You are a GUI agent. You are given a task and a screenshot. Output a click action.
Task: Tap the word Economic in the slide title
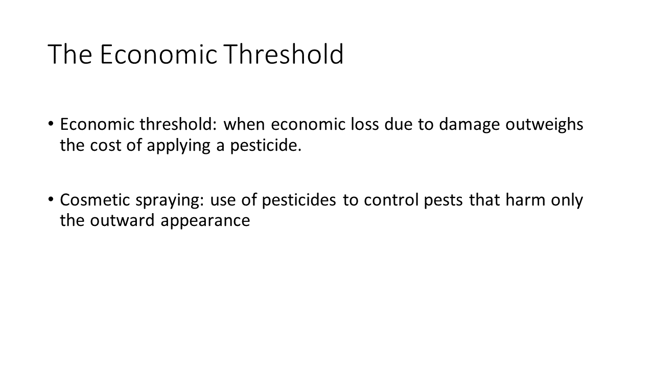click(x=159, y=54)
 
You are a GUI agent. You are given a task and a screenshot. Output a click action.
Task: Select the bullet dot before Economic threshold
click(x=51, y=124)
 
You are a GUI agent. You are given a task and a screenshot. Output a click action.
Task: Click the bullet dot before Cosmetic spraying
click(x=51, y=199)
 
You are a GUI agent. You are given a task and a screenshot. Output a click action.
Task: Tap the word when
click(x=244, y=124)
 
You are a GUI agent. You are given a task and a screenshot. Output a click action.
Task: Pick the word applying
click(x=178, y=146)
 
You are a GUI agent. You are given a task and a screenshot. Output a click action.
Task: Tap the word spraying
click(x=169, y=201)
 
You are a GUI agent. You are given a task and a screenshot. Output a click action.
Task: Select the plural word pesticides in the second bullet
click(x=299, y=201)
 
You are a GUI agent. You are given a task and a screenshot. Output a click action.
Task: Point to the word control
click(x=391, y=200)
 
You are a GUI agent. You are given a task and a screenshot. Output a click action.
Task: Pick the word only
click(x=567, y=201)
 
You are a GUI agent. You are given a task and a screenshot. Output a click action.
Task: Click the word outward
click(x=122, y=220)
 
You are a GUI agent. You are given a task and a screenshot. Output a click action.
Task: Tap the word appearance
click(x=205, y=221)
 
